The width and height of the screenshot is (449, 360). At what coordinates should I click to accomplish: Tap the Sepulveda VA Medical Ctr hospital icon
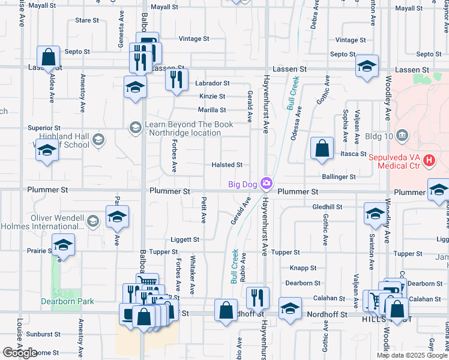(x=429, y=160)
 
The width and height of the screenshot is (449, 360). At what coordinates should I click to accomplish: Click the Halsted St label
(x=227, y=165)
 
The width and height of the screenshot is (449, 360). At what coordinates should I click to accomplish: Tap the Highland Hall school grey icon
(x=99, y=140)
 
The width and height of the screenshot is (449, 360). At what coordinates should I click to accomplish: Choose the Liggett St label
(x=184, y=239)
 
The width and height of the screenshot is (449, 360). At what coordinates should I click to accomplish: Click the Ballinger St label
(x=339, y=177)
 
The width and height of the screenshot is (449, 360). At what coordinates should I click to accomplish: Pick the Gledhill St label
(x=327, y=206)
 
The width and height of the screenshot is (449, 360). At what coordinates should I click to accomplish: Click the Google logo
(x=20, y=353)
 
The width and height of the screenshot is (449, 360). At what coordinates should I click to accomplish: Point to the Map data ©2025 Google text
(x=412, y=355)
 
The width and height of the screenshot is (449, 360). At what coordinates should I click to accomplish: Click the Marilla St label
(x=212, y=110)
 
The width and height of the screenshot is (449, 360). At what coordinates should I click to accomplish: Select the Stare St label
(x=87, y=20)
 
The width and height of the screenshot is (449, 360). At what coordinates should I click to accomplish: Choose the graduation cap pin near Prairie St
(x=63, y=245)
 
